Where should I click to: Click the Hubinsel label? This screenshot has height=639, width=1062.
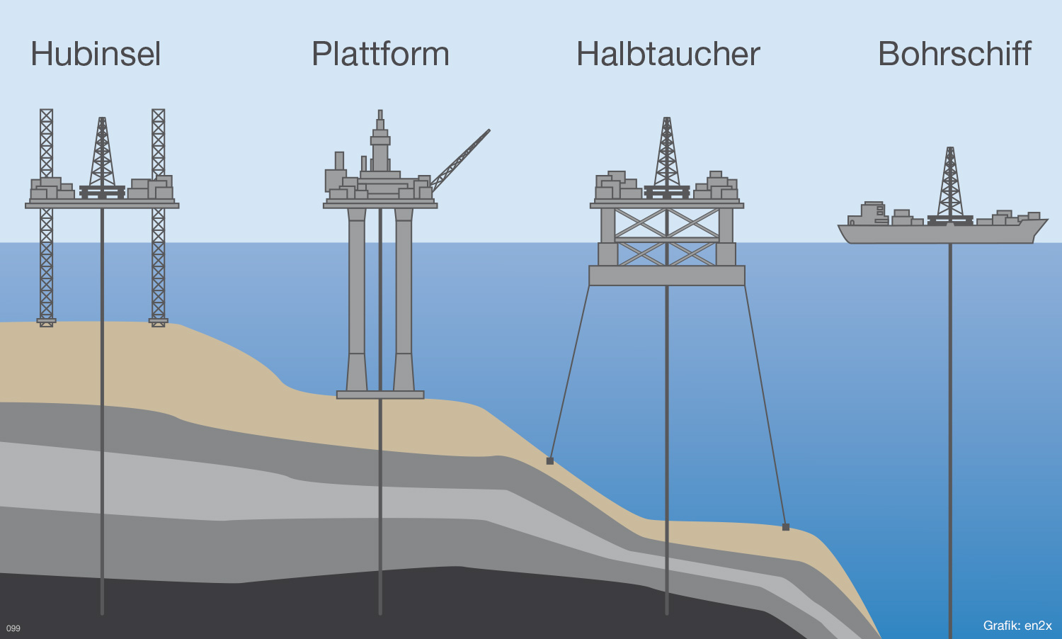pos(96,55)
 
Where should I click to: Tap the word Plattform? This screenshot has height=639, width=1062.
pos(380,55)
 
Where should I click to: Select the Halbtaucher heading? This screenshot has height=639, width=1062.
pos(668,55)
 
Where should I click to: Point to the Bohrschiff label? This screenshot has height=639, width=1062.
pos(954,55)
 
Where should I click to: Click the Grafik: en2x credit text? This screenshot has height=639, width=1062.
pos(1017,626)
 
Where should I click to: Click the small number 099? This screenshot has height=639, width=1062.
pos(13,628)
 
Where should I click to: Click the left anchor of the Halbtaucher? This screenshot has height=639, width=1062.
pos(549,461)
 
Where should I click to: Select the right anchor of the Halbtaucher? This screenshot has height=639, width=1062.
pos(786,527)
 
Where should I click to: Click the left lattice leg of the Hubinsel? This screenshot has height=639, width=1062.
pos(46,262)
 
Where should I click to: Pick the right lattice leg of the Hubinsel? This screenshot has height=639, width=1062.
pos(159,262)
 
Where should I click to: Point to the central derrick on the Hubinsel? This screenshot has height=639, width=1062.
pos(102,152)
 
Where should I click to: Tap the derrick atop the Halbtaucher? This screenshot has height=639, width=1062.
pos(666,152)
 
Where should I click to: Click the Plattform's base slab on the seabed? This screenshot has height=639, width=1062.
pos(380,395)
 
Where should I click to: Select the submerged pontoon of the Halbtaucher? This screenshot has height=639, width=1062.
pos(666,276)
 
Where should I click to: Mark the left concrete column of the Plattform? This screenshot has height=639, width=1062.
pos(357,298)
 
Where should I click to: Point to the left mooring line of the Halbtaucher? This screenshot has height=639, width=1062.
pos(569,372)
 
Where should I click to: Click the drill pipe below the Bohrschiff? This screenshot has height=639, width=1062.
pos(950,425)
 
